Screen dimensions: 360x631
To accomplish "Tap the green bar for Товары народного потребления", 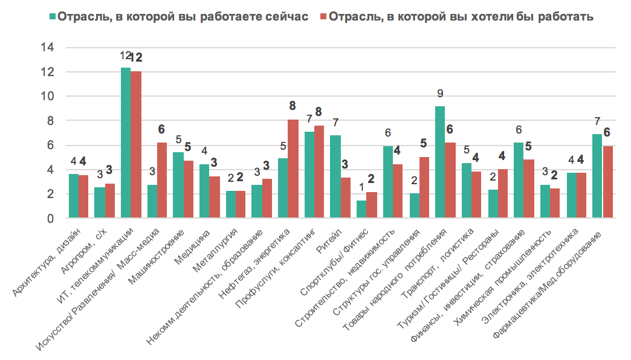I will pos(440,162).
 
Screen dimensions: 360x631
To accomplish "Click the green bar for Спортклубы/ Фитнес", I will pos(361,210).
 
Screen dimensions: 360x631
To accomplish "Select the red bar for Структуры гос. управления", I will pos(424,188).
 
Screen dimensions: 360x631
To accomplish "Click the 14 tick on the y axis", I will pos(47,48).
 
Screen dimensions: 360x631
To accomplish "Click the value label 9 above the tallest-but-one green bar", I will pos(440,94).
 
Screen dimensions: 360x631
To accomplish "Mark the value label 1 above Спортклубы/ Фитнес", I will pos(361,188).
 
